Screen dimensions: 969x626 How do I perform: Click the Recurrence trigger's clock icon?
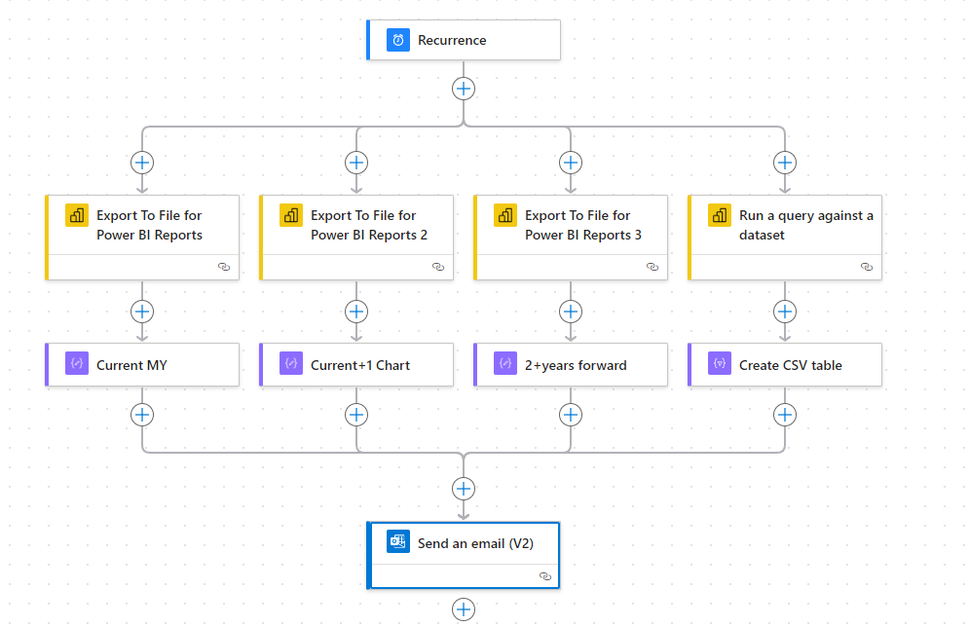tap(398, 40)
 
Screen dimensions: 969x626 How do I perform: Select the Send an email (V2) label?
tap(475, 543)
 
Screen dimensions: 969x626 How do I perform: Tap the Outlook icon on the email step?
tap(398, 542)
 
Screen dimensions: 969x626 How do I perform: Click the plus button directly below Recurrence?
tap(464, 89)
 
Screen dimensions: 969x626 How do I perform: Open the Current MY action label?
tap(131, 365)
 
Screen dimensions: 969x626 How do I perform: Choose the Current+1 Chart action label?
tap(360, 365)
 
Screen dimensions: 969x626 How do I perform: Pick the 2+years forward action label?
tap(576, 365)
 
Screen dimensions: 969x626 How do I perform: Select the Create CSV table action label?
tap(791, 365)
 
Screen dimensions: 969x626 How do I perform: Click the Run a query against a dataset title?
tap(805, 225)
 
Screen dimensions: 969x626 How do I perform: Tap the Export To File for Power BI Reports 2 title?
tap(369, 225)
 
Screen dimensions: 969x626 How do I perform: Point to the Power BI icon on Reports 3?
tap(504, 216)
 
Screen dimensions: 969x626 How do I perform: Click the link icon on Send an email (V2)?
tap(545, 576)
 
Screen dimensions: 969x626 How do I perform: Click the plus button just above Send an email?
tap(464, 489)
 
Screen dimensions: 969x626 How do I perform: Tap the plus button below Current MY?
tap(142, 415)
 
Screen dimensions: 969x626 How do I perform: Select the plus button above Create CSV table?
tap(785, 312)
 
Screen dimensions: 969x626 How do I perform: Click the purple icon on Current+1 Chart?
tap(291, 363)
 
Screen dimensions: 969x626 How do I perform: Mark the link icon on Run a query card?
tap(867, 267)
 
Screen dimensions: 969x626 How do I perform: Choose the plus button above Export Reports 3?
tap(571, 163)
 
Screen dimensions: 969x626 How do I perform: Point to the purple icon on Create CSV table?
tap(720, 363)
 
